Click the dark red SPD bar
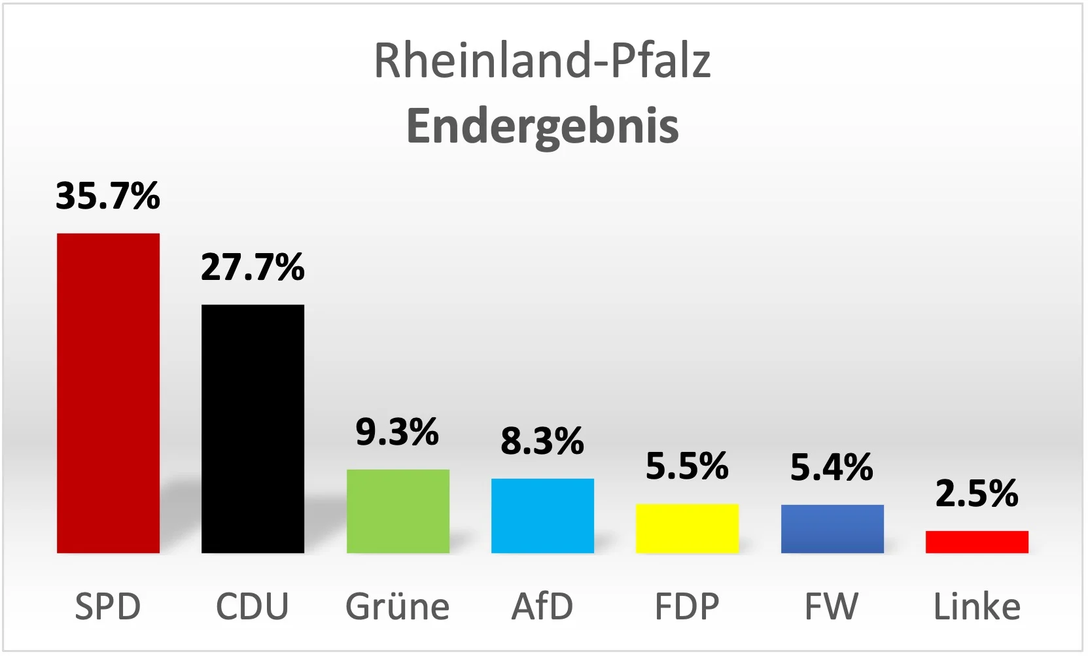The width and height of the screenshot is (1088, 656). click(x=108, y=393)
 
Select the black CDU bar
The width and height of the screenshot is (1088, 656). click(x=253, y=429)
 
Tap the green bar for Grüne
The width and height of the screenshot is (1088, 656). click(x=398, y=511)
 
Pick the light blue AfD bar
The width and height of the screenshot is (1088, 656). click(x=542, y=516)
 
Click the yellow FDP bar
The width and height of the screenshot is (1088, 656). click(x=687, y=528)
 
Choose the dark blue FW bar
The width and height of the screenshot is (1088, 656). click(x=832, y=529)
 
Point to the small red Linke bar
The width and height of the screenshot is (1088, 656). click(x=977, y=542)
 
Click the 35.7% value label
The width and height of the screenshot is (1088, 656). click(x=108, y=196)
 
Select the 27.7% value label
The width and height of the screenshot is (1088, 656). click(x=253, y=267)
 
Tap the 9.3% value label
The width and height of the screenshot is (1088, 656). click(x=397, y=432)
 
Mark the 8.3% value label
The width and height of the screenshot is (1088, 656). click(x=542, y=441)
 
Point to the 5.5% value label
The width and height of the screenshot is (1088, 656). click(x=687, y=466)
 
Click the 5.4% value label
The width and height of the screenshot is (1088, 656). click(x=832, y=467)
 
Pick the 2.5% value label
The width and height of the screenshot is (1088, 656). click(x=977, y=493)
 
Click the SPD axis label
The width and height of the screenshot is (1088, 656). click(x=108, y=606)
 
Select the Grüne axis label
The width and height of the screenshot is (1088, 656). click(x=397, y=606)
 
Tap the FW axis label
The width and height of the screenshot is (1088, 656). click(x=832, y=606)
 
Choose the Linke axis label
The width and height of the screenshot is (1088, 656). click(x=977, y=606)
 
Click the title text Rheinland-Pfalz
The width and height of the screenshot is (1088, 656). click(x=542, y=60)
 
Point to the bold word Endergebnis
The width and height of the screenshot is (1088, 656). click(x=542, y=126)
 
